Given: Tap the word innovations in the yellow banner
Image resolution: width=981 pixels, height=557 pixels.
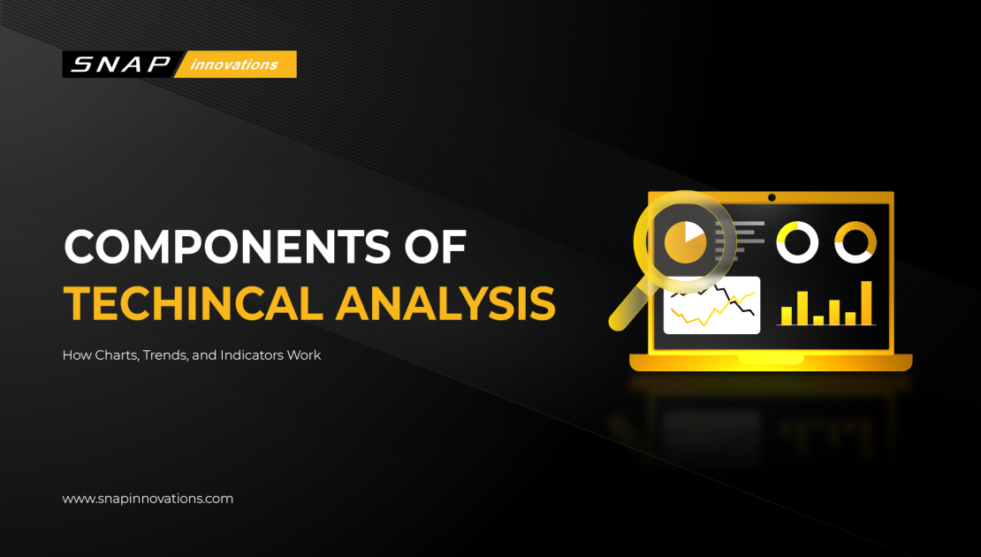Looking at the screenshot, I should tap(234, 65).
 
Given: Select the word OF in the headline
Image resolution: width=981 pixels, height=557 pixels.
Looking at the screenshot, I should tap(436, 248).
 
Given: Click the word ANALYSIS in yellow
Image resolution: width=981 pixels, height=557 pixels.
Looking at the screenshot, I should tap(445, 303).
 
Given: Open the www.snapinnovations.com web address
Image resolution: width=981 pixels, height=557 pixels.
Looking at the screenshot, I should tap(148, 499).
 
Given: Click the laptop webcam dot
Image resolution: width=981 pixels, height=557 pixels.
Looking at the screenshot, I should tap(772, 197).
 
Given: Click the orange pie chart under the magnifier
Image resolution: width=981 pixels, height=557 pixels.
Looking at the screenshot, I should tap(686, 240).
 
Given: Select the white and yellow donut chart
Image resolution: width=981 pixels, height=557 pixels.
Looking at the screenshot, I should tap(797, 241).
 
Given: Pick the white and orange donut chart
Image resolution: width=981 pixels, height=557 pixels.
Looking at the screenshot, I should tap(856, 241).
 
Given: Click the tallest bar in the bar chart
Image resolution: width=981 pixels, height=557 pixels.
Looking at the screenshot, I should tap(867, 302).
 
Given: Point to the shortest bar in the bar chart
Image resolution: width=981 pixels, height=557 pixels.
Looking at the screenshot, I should tap(818, 319).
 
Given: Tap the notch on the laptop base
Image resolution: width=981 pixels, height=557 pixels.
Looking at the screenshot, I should tap(771, 359).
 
